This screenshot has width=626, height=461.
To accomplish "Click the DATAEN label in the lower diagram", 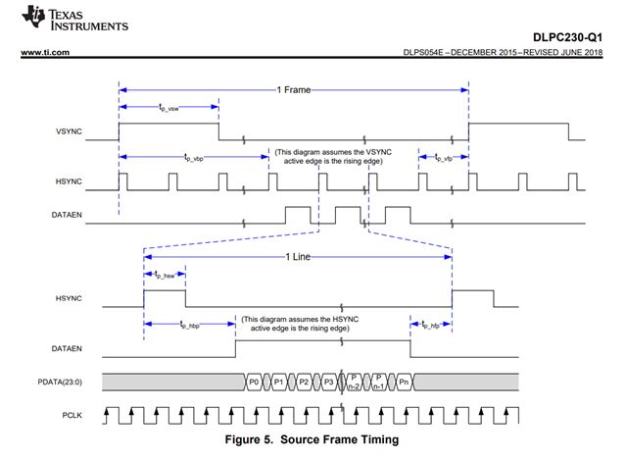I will pyautogui.click(x=57, y=348).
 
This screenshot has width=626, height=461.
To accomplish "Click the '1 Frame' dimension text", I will pyautogui.click(x=293, y=89).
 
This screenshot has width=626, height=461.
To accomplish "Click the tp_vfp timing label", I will pyautogui.click(x=435, y=156).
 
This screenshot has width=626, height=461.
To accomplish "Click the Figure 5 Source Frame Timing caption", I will pyautogui.click(x=312, y=439).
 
